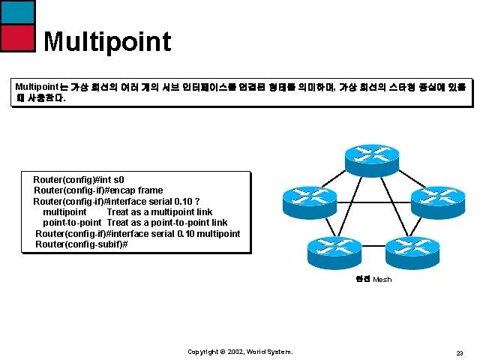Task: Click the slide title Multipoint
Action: tap(107, 41)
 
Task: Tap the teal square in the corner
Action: tap(19, 11)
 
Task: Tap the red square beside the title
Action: tap(19, 37)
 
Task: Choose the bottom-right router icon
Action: tap(410, 250)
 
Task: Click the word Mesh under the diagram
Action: tap(382, 280)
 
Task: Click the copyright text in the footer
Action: tap(240, 352)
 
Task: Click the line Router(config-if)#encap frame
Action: tap(98, 190)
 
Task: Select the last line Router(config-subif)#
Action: tap(82, 244)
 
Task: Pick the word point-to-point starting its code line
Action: tap(72, 223)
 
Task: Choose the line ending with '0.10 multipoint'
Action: tap(138, 233)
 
